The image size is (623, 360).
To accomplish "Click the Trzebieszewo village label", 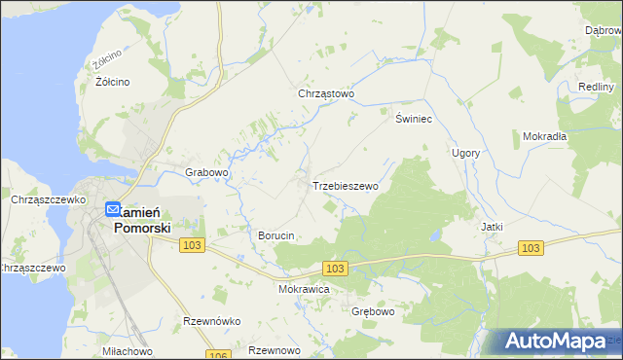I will (x=344, y=185).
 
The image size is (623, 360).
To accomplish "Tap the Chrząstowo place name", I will (x=326, y=94).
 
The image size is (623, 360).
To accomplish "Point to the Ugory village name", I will (x=465, y=154).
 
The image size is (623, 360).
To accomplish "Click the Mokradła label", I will (x=544, y=136).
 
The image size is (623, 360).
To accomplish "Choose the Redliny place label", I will (x=595, y=87).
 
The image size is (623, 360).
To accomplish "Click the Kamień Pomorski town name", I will (x=142, y=220).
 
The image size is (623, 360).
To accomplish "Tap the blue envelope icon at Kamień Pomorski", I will (x=112, y=209).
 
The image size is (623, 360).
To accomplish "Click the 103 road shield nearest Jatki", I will (x=530, y=249).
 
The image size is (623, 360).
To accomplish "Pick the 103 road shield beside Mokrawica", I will (x=336, y=268).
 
